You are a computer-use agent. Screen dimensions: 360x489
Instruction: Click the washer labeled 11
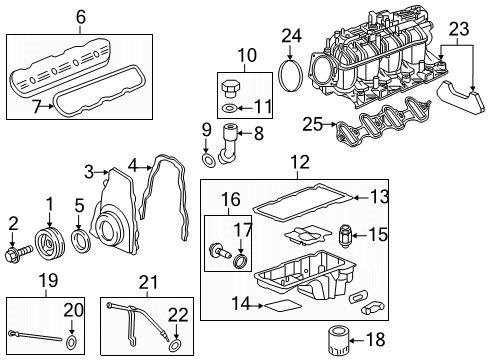231,107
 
